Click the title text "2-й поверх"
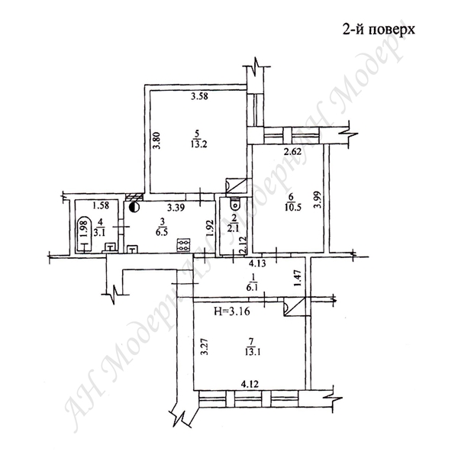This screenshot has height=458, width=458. [x=379, y=30]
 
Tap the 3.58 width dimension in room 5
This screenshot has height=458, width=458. [x=199, y=96]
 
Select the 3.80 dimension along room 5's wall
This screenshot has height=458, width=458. [x=156, y=140]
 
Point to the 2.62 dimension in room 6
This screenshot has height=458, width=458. [x=292, y=152]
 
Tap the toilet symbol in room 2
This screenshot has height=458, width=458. [x=234, y=203]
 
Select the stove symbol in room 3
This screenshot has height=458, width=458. [x=184, y=244]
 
